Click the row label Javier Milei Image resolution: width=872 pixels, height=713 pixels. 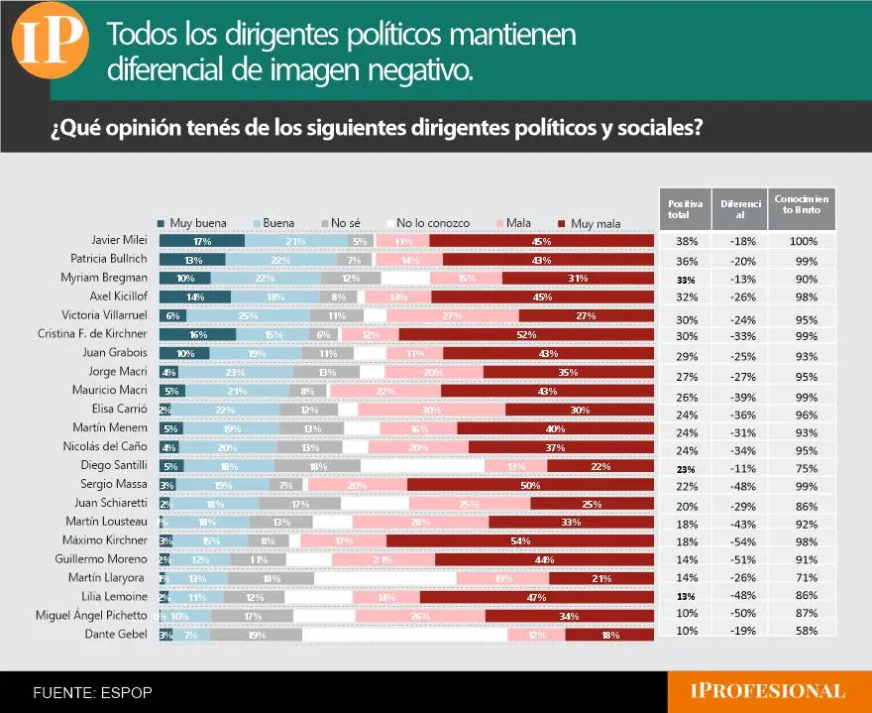coord(118,241)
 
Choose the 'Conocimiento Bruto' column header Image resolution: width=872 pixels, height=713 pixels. coord(803,205)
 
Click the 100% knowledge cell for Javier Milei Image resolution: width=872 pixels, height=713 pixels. coord(804,241)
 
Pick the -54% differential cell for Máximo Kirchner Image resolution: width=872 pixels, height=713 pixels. coord(734,541)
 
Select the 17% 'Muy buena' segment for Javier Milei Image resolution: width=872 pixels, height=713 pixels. coord(202,241)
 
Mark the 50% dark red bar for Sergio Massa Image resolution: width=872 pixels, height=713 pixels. coord(530,484)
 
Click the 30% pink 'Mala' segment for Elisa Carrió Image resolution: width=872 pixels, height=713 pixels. coord(431,410)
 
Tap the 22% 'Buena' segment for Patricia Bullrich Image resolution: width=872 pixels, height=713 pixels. coord(280,260)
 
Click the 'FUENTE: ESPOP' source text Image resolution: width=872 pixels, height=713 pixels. coord(93,692)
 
